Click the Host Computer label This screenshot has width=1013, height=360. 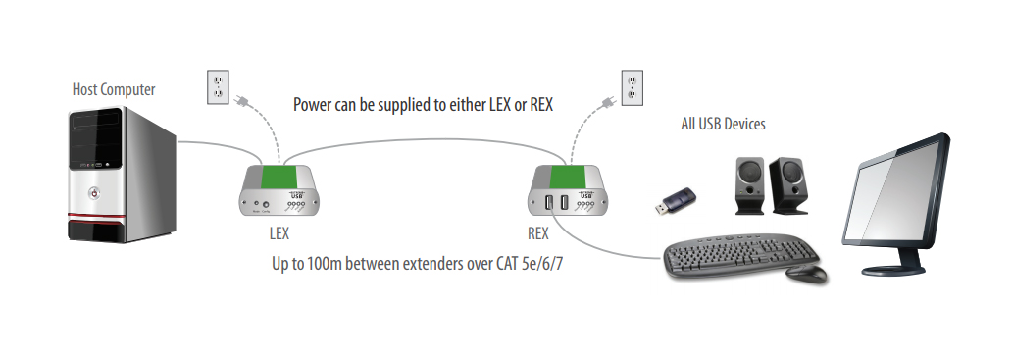(113, 90)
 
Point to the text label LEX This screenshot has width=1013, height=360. (279, 235)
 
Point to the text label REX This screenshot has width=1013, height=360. (538, 235)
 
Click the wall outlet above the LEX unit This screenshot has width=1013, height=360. (218, 87)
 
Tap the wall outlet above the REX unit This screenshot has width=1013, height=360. (633, 87)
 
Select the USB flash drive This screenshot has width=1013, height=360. (676, 201)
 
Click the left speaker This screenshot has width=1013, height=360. (750, 184)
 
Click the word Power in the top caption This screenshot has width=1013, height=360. (313, 104)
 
